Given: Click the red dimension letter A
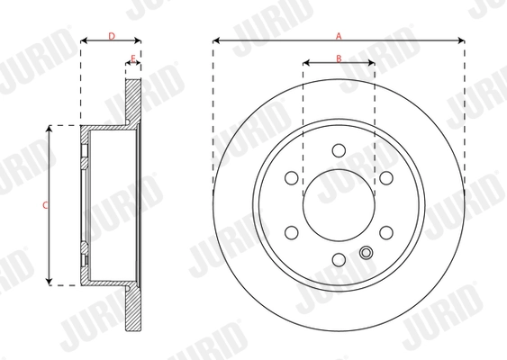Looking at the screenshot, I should [339, 35].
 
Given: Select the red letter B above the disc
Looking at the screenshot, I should [339, 58].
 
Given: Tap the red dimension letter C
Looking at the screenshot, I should [45, 205].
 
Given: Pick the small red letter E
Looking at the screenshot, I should [133, 59].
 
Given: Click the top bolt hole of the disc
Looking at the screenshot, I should [339, 150].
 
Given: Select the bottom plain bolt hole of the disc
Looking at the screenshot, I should [339, 260].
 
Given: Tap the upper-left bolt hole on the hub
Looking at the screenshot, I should [291, 178].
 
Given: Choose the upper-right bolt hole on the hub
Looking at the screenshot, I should [386, 178].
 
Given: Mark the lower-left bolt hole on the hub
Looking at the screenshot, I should [291, 233].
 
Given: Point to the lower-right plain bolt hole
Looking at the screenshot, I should [386, 233].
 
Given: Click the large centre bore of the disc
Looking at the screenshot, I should [339, 205].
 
